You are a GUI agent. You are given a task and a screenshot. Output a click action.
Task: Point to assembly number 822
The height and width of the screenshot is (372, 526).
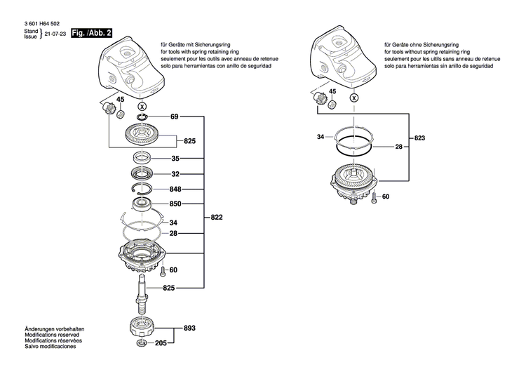217,219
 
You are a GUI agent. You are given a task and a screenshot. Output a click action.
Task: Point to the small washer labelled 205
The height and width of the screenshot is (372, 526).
143,344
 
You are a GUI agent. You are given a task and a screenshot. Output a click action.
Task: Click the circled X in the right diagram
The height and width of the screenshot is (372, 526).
354,98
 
